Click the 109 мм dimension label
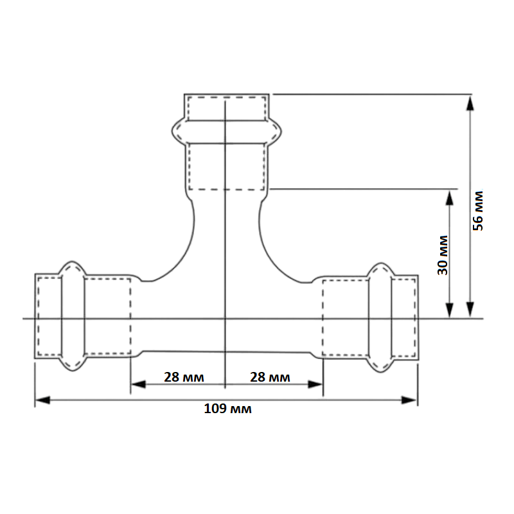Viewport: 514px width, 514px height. point(228,409)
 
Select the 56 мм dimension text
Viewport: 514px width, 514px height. point(478,211)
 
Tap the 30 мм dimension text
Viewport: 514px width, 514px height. point(443,255)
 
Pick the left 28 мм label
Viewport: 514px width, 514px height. point(184,377)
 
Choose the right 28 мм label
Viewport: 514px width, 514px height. point(270,377)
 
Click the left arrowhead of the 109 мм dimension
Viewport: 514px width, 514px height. point(42,400)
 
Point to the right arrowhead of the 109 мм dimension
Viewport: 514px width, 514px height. point(409,400)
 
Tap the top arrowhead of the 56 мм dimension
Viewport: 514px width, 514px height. point(470,103)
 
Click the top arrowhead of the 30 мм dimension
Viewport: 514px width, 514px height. point(450,197)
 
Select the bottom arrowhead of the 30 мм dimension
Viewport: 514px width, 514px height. point(450,310)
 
